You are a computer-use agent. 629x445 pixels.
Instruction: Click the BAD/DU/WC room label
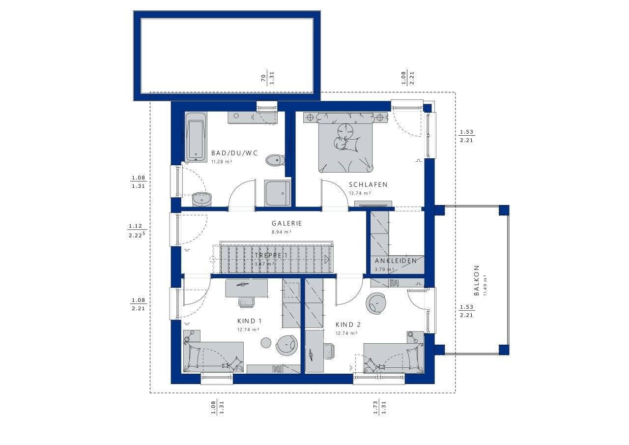pos(234,153)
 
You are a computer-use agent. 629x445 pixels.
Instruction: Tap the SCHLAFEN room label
pos(368,185)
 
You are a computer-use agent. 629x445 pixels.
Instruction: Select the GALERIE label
pos(287,223)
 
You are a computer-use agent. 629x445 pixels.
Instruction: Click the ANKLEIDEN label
pos(396,261)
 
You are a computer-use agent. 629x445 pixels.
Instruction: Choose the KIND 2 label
pos(348,325)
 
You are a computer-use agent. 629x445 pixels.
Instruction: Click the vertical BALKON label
pos(476,280)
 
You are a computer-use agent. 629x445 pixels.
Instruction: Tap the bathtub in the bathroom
pos(196,136)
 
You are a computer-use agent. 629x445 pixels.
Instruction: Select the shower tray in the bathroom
pos(278,193)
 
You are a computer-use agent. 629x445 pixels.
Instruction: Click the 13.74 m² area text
pos(360,193)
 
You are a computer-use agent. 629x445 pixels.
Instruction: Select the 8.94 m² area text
pos(282,232)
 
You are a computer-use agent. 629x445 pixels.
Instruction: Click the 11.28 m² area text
pos(222,161)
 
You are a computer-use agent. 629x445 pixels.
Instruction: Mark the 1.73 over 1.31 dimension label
pos(379,407)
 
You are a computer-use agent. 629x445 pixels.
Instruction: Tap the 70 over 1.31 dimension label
pos(267,77)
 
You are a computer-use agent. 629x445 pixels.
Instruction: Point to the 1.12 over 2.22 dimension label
pos(136,230)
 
